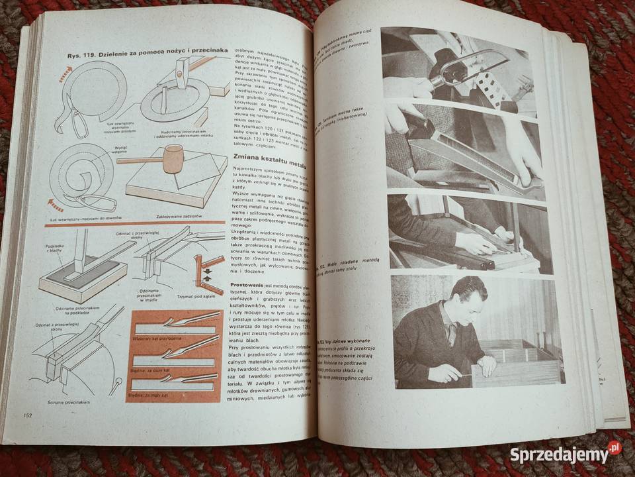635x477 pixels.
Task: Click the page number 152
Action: (28, 415)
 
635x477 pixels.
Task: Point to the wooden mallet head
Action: (173, 160)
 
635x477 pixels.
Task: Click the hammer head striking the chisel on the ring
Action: (183, 66)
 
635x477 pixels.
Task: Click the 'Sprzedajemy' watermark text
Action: (558, 454)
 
